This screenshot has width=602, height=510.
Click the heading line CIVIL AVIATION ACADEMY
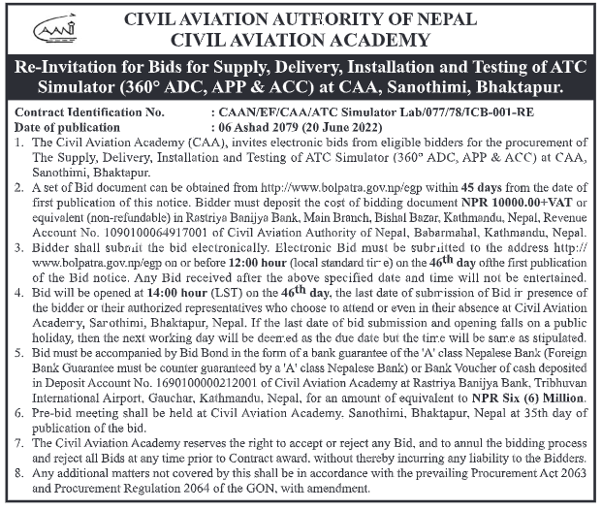coord(301,40)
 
